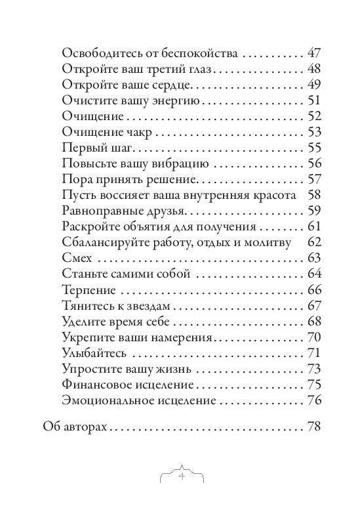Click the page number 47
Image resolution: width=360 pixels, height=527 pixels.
point(313,54)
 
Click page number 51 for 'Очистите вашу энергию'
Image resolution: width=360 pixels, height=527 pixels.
point(313,101)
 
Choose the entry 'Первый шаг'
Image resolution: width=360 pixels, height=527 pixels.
point(94,148)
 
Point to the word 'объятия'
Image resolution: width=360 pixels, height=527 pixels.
point(175,227)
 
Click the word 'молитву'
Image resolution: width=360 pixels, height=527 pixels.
point(268,243)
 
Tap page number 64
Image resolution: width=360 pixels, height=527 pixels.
point(313,274)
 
